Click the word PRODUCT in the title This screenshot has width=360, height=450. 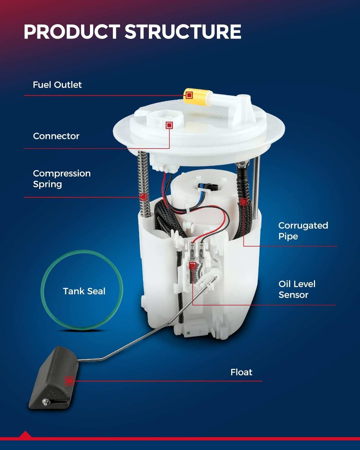tap(72, 31)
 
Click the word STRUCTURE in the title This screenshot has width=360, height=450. tap(183, 31)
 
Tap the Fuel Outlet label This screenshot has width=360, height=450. tap(57, 85)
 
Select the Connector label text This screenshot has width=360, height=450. tap(56, 136)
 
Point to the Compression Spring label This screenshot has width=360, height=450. tap(62, 179)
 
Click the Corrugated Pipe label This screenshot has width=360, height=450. tap(303, 231)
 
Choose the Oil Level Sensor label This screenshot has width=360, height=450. tap(297, 289)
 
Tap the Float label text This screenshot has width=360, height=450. tap(241, 372)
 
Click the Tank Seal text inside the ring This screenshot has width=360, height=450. tap(84, 291)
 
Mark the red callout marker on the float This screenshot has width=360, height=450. tap(69, 381)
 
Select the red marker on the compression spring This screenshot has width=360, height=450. tap(143, 197)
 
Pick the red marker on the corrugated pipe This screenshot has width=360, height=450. tap(244, 202)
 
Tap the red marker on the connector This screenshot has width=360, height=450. tap(169, 125)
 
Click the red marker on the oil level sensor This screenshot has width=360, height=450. tap(192, 266)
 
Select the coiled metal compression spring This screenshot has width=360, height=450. tap(144, 184)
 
